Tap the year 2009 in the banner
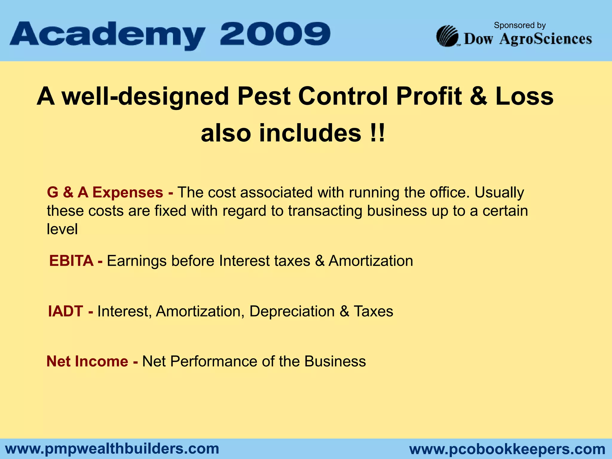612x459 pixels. pyautogui.click(x=275, y=33)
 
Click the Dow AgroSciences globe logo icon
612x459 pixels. pyautogui.click(x=447, y=36)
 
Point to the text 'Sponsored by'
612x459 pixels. pyautogui.click(x=520, y=25)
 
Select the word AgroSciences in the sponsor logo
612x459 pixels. pyautogui.click(x=545, y=39)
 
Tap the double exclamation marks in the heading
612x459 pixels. pyautogui.click(x=377, y=133)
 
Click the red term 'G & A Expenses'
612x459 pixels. pyautogui.click(x=105, y=192)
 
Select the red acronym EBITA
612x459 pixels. pyautogui.click(x=71, y=261)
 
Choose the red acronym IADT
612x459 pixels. pyautogui.click(x=65, y=311)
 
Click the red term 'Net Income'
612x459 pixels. pyautogui.click(x=87, y=361)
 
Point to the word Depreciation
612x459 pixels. pyautogui.click(x=292, y=311)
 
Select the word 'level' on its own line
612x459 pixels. pyautogui.click(x=62, y=229)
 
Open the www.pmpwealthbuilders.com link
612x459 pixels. pyautogui.click(x=112, y=449)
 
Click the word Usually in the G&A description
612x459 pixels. pyautogui.click(x=499, y=192)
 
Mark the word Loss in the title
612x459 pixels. pyautogui.click(x=524, y=96)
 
